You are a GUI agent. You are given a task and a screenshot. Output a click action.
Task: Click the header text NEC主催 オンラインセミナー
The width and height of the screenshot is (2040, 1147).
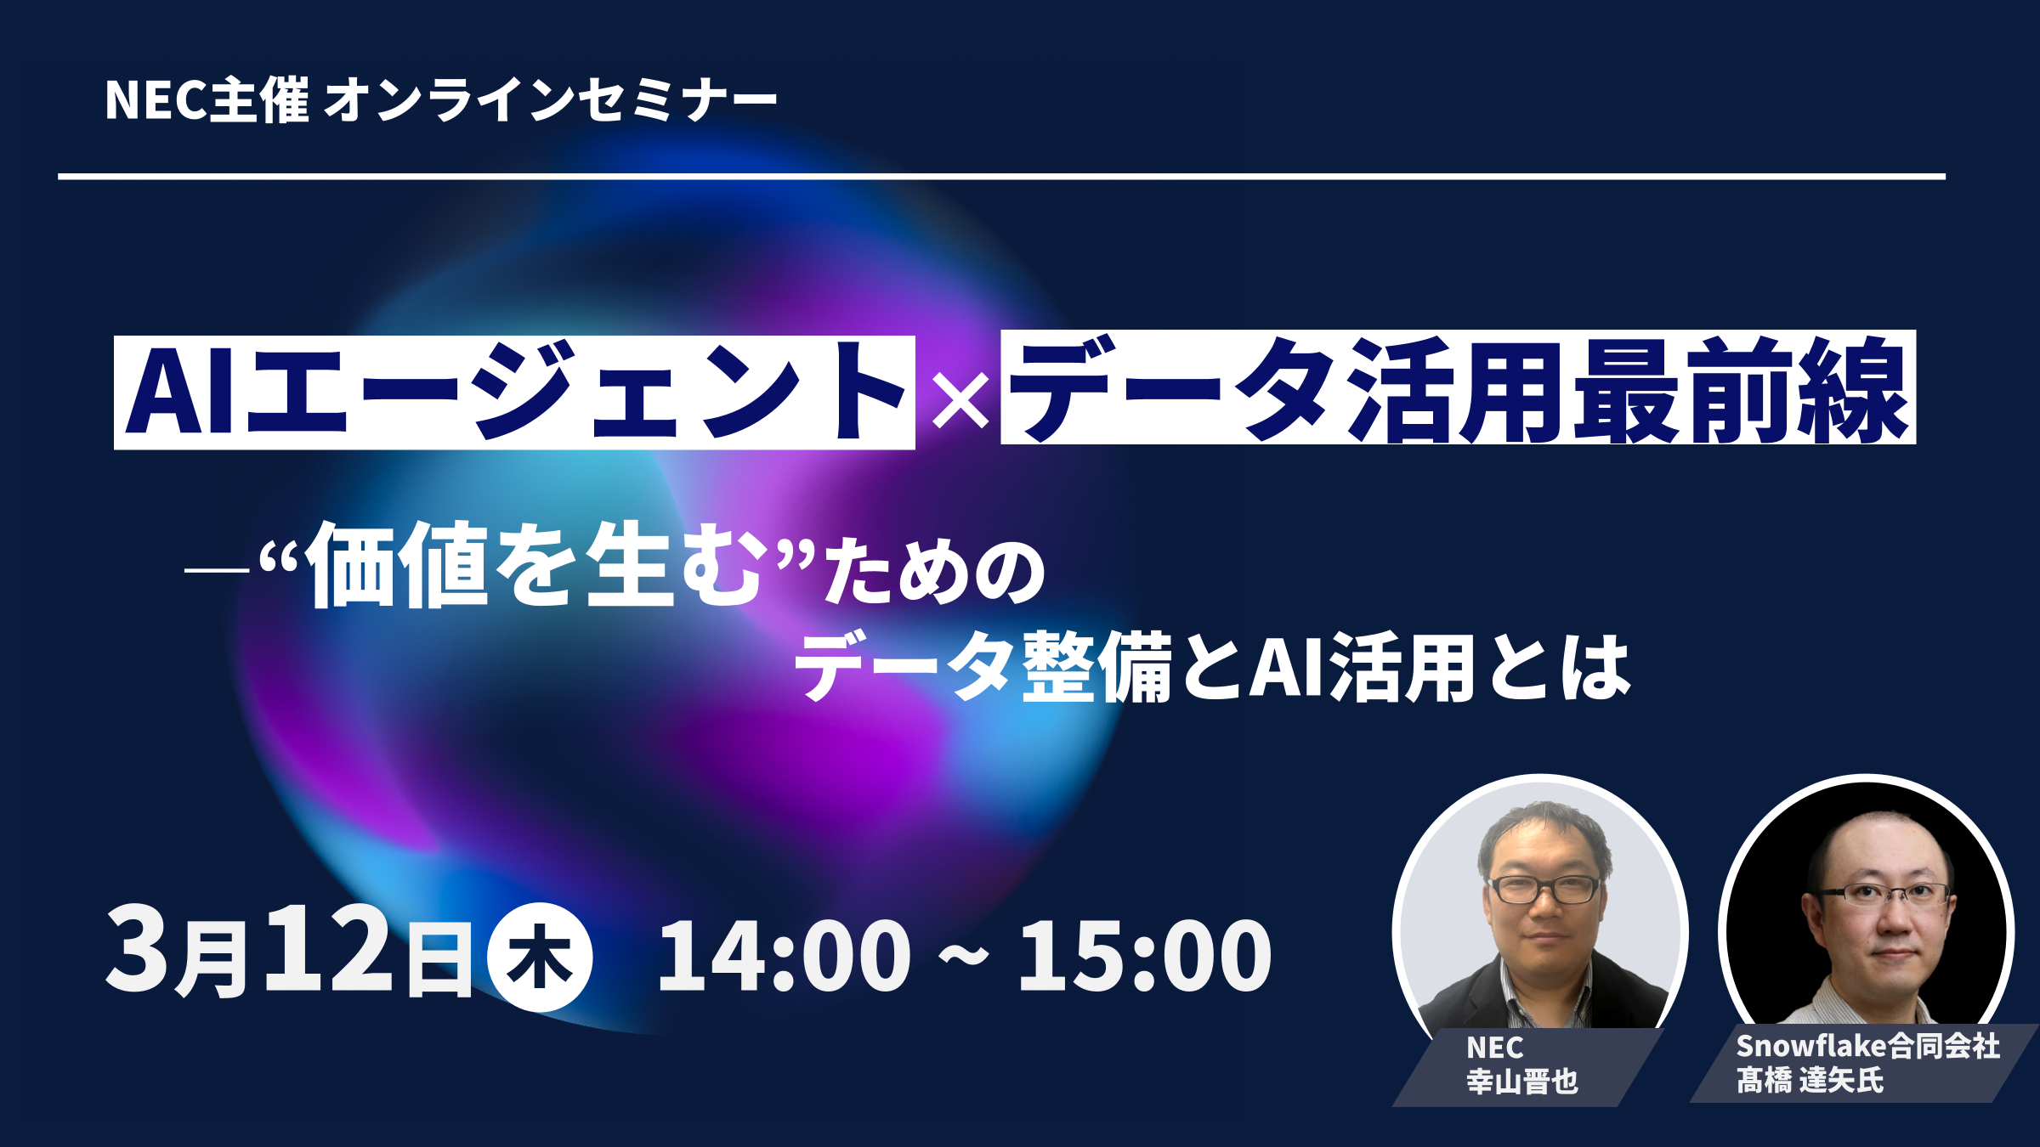(x=440, y=100)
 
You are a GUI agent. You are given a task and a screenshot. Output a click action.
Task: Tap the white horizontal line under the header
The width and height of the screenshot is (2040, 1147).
(x=1001, y=177)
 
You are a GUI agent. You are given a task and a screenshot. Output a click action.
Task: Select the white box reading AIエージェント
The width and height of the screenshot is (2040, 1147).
(x=514, y=393)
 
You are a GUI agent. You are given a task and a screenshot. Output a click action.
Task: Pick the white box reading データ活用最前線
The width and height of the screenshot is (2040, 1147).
(x=1458, y=387)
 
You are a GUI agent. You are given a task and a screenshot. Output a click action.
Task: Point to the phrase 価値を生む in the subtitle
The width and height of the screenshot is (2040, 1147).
(x=535, y=565)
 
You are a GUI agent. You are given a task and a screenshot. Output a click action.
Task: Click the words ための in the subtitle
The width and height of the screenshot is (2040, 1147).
(x=935, y=573)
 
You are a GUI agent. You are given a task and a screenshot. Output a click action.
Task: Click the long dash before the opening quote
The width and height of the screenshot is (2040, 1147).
(x=217, y=569)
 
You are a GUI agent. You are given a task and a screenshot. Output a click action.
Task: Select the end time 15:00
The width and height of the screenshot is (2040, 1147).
(x=1145, y=957)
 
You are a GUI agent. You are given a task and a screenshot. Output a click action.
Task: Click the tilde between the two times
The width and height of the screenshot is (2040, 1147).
(x=964, y=957)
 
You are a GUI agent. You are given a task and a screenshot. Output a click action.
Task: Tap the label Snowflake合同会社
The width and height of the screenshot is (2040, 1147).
(x=1868, y=1047)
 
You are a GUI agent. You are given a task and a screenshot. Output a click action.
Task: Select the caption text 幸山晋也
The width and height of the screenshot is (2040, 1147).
(x=1522, y=1082)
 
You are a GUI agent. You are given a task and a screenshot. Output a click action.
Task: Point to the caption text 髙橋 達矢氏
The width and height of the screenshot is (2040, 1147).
(x=1810, y=1081)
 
